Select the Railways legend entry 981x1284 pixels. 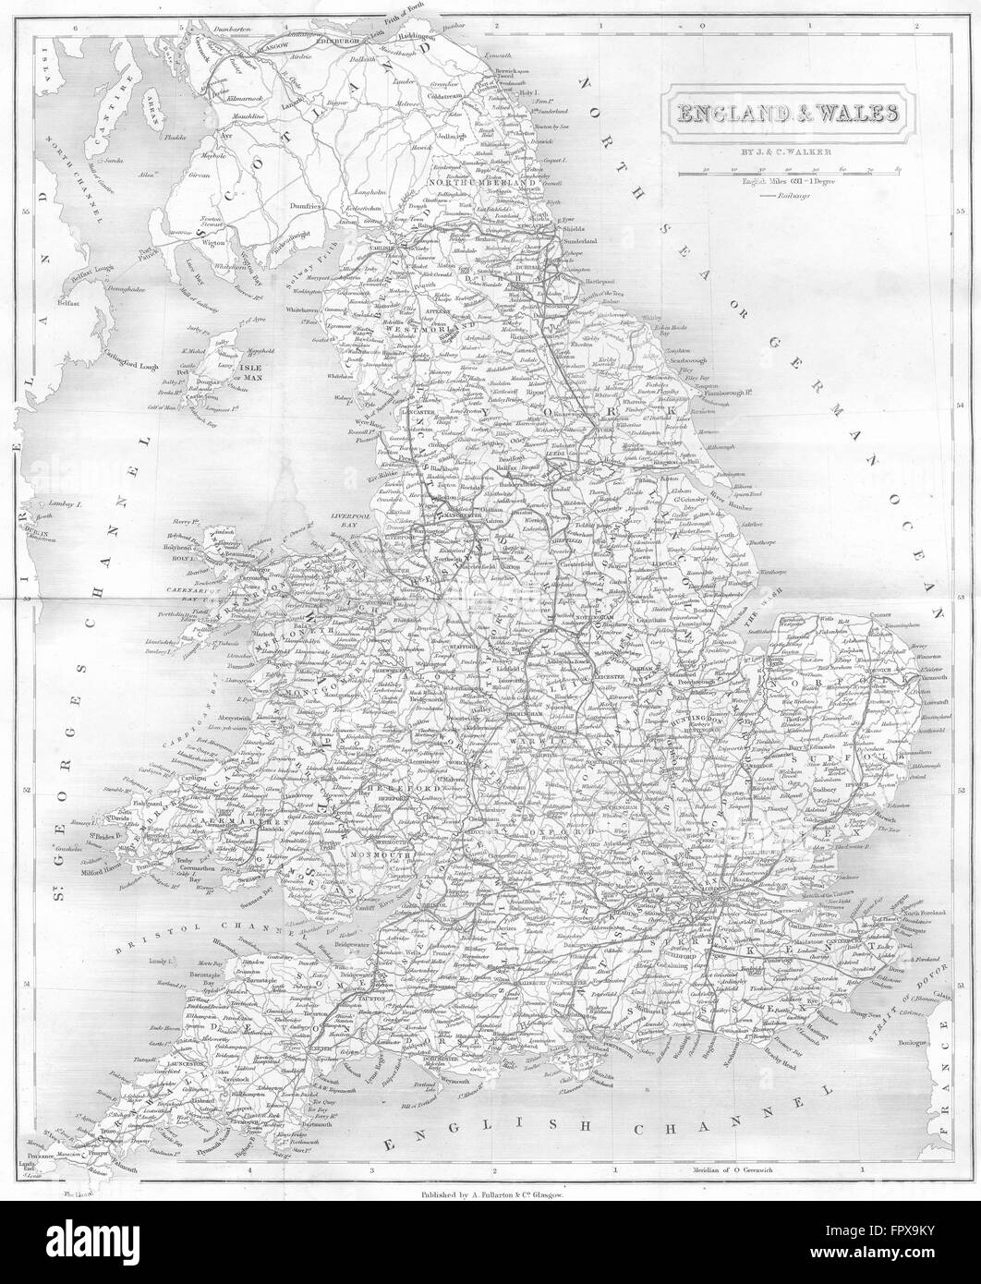coord(788,196)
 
